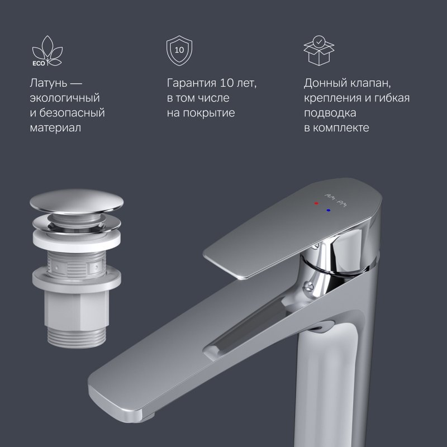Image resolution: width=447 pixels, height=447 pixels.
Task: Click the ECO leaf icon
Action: [47, 51]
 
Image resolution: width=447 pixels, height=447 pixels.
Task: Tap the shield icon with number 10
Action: [179, 51]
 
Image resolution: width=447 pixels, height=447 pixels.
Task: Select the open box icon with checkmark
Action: [319, 50]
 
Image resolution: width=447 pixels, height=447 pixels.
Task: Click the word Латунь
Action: [49, 83]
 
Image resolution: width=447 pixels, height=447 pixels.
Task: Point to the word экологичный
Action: [65, 98]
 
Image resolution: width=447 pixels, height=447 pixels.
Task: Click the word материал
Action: [55, 128]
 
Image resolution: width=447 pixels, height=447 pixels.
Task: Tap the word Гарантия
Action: [192, 83]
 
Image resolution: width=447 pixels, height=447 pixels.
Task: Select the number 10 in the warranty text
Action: [227, 83]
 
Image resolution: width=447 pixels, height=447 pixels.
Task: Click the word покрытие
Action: [208, 113]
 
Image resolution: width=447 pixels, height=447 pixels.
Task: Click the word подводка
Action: [330, 113]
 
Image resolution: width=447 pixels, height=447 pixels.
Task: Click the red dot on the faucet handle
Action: [316, 203]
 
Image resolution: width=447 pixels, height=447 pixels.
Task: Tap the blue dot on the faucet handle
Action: [329, 211]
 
